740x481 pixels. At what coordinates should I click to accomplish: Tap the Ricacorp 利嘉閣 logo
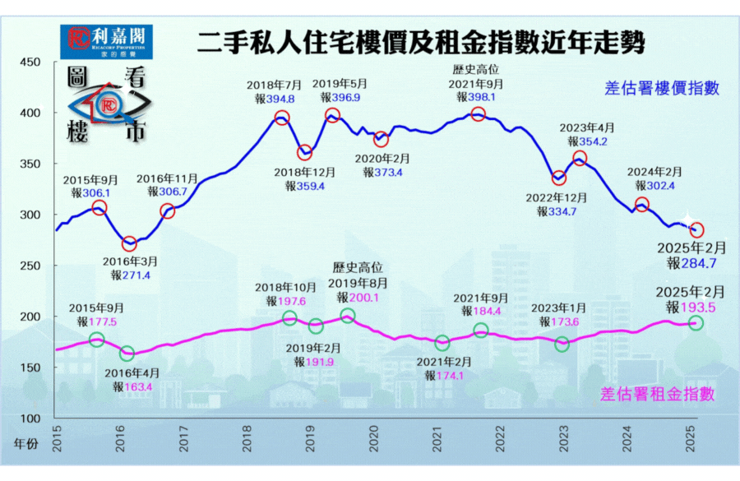108,38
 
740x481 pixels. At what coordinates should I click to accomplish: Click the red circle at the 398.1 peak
478,114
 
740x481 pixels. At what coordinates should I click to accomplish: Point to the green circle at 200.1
347,316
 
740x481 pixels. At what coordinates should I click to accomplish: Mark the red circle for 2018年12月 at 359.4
305,152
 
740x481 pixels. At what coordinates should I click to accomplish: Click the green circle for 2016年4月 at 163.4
127,354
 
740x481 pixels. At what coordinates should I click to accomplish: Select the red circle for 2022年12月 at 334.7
559,178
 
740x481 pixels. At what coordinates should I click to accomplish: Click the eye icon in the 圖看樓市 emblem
107,106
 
